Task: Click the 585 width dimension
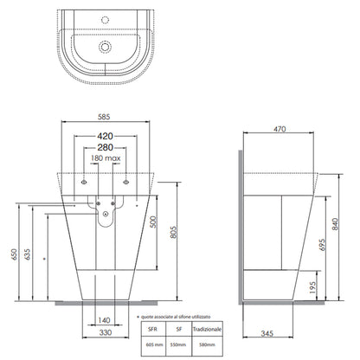point(104,117)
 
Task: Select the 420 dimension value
point(105,136)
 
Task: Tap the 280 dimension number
point(105,147)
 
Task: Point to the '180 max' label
point(106,158)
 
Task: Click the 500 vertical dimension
point(153,222)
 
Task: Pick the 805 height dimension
point(173,232)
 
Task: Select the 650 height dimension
point(15,254)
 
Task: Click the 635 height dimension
point(28,254)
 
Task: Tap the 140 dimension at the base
point(104,320)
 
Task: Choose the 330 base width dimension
point(106,332)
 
